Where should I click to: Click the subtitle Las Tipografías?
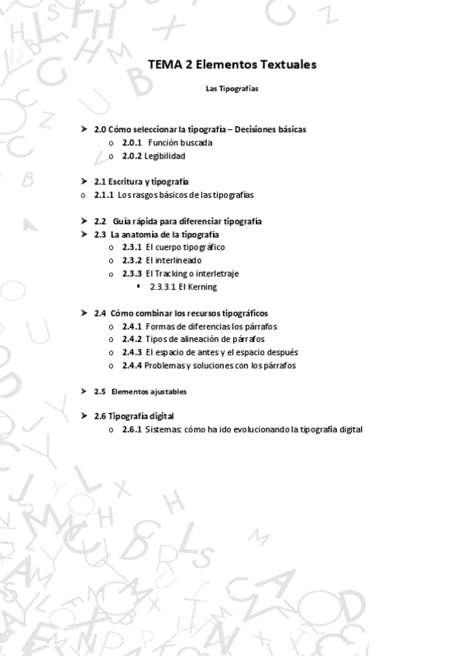232,89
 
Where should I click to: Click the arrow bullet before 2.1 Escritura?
84,181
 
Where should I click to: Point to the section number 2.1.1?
104,195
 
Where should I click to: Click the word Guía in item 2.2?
122,220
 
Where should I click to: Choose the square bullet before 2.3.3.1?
139,286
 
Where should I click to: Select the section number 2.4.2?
132,340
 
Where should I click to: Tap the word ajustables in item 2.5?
169,391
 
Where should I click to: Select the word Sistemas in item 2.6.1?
163,429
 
